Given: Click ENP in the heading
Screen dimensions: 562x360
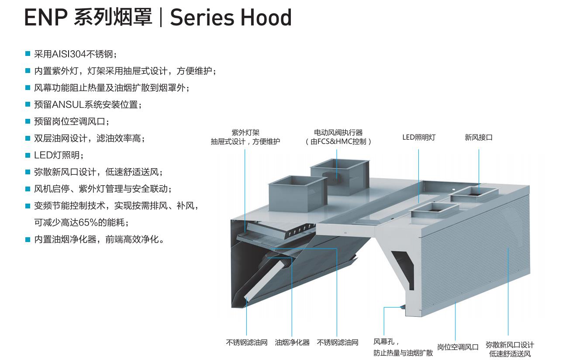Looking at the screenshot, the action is [x=46, y=17].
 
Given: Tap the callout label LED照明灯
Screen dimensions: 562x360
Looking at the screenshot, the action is [x=419, y=137].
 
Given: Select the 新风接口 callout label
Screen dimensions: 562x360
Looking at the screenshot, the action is [x=479, y=137].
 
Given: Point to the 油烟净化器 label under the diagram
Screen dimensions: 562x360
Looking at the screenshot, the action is [x=292, y=343].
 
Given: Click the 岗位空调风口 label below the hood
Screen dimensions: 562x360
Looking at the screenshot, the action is [x=458, y=347].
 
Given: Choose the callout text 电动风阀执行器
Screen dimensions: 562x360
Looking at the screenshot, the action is [x=338, y=132].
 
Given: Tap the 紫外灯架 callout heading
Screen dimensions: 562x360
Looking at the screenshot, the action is [x=245, y=132].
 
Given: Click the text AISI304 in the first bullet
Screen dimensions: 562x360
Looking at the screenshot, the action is [x=69, y=54].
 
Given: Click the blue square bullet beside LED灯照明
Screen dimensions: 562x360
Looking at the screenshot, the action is [x=28, y=156].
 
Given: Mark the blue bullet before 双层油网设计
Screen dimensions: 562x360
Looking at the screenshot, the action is [x=28, y=138].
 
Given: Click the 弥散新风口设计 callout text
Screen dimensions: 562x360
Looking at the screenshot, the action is [x=510, y=345].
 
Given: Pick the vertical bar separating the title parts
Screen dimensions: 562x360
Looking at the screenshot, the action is [x=161, y=17].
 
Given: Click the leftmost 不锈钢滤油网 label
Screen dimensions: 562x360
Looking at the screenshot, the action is [x=247, y=343].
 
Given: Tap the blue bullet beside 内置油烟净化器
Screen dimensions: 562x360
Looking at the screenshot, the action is [x=28, y=239].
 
